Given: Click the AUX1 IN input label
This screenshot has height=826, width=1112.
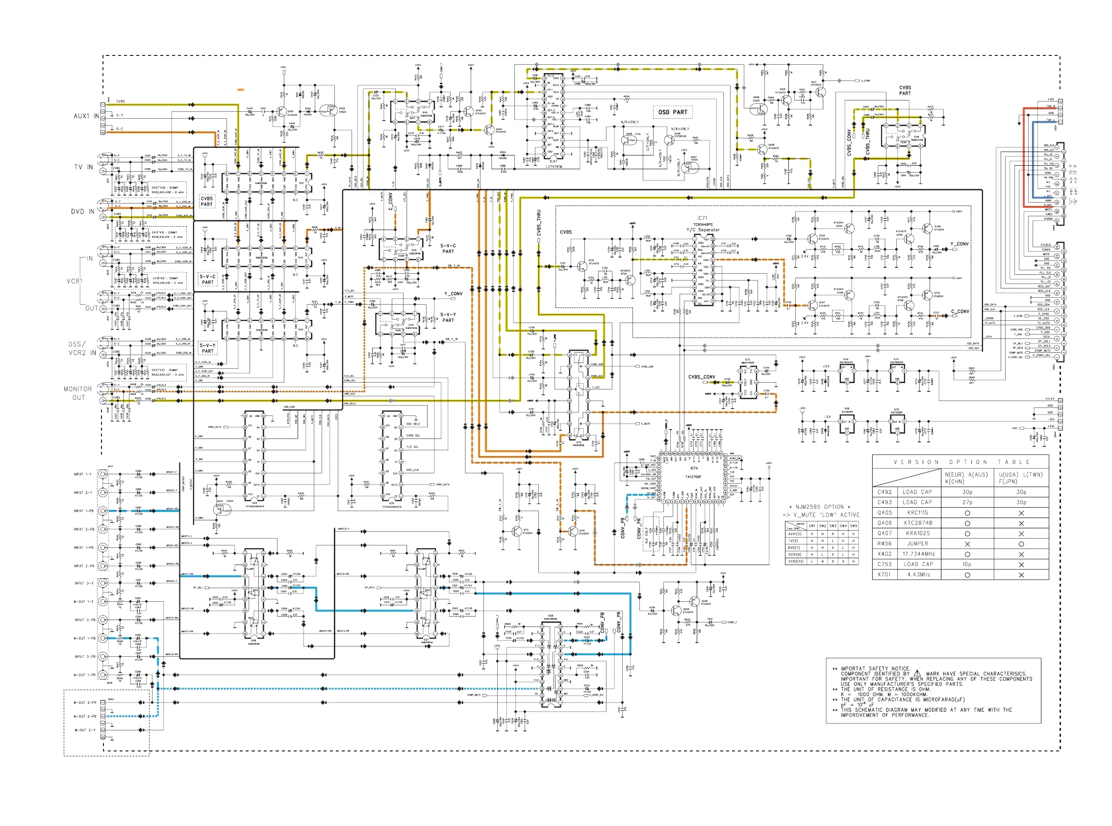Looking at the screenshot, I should click(86, 116).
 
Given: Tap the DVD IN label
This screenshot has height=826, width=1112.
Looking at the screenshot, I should click(82, 211).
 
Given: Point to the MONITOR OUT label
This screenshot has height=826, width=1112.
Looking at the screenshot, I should click(78, 393).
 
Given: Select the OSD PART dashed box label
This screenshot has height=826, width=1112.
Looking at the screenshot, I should click(672, 112).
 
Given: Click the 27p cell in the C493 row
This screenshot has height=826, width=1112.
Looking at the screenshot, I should click(967, 502).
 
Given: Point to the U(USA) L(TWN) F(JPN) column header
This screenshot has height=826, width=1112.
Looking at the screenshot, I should click(1020, 477).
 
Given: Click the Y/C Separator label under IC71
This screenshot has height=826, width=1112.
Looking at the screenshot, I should click(703, 230).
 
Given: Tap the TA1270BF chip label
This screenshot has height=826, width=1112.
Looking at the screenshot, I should click(694, 476).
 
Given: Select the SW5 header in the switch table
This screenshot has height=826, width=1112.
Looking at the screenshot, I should click(854, 526).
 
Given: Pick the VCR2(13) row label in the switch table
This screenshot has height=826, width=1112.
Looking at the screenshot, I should click(795, 562).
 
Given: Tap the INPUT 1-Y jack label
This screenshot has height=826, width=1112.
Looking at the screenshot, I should click(82, 474).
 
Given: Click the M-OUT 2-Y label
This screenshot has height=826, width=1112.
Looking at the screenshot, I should click(85, 730).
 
